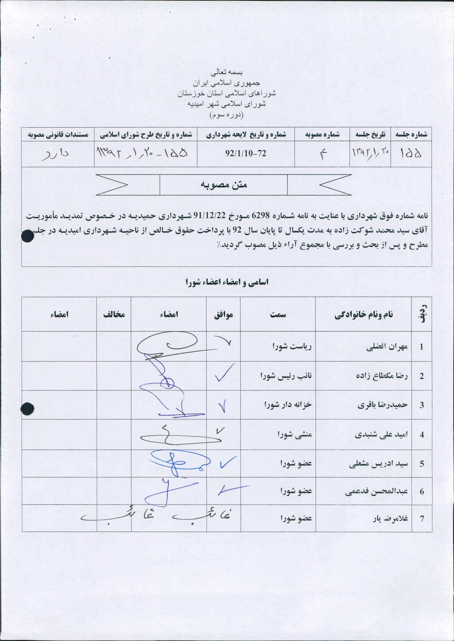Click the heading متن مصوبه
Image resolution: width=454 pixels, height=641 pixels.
pyautogui.click(x=223, y=185)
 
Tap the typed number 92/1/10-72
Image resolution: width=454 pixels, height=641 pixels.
pyautogui.click(x=246, y=153)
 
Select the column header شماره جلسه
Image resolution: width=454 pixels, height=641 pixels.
pyautogui.click(x=411, y=134)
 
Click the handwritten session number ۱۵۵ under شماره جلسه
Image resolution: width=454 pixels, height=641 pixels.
pyautogui.click(x=411, y=153)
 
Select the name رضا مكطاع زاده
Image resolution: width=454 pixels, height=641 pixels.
pyautogui.click(x=382, y=376)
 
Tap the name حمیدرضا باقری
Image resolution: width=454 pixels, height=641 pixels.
pyautogui.click(x=383, y=404)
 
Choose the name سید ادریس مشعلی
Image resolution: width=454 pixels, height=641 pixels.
pyautogui.click(x=379, y=464)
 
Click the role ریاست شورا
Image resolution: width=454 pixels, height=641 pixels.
pyautogui.click(x=292, y=346)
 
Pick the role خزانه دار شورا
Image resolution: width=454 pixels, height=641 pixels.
pyautogui.click(x=288, y=404)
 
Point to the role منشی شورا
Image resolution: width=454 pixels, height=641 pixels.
pyautogui.click(x=295, y=435)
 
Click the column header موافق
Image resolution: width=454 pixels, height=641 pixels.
pyautogui.click(x=223, y=315)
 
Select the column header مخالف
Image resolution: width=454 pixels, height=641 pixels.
pyautogui.click(x=114, y=315)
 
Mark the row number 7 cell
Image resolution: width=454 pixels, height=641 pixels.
pyautogui.click(x=422, y=518)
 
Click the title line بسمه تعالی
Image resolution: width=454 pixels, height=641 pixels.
pyautogui.click(x=227, y=72)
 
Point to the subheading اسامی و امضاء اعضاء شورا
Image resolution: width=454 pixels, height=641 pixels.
pyautogui.click(x=227, y=282)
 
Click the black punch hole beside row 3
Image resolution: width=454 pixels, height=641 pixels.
pyautogui.click(x=27, y=408)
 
